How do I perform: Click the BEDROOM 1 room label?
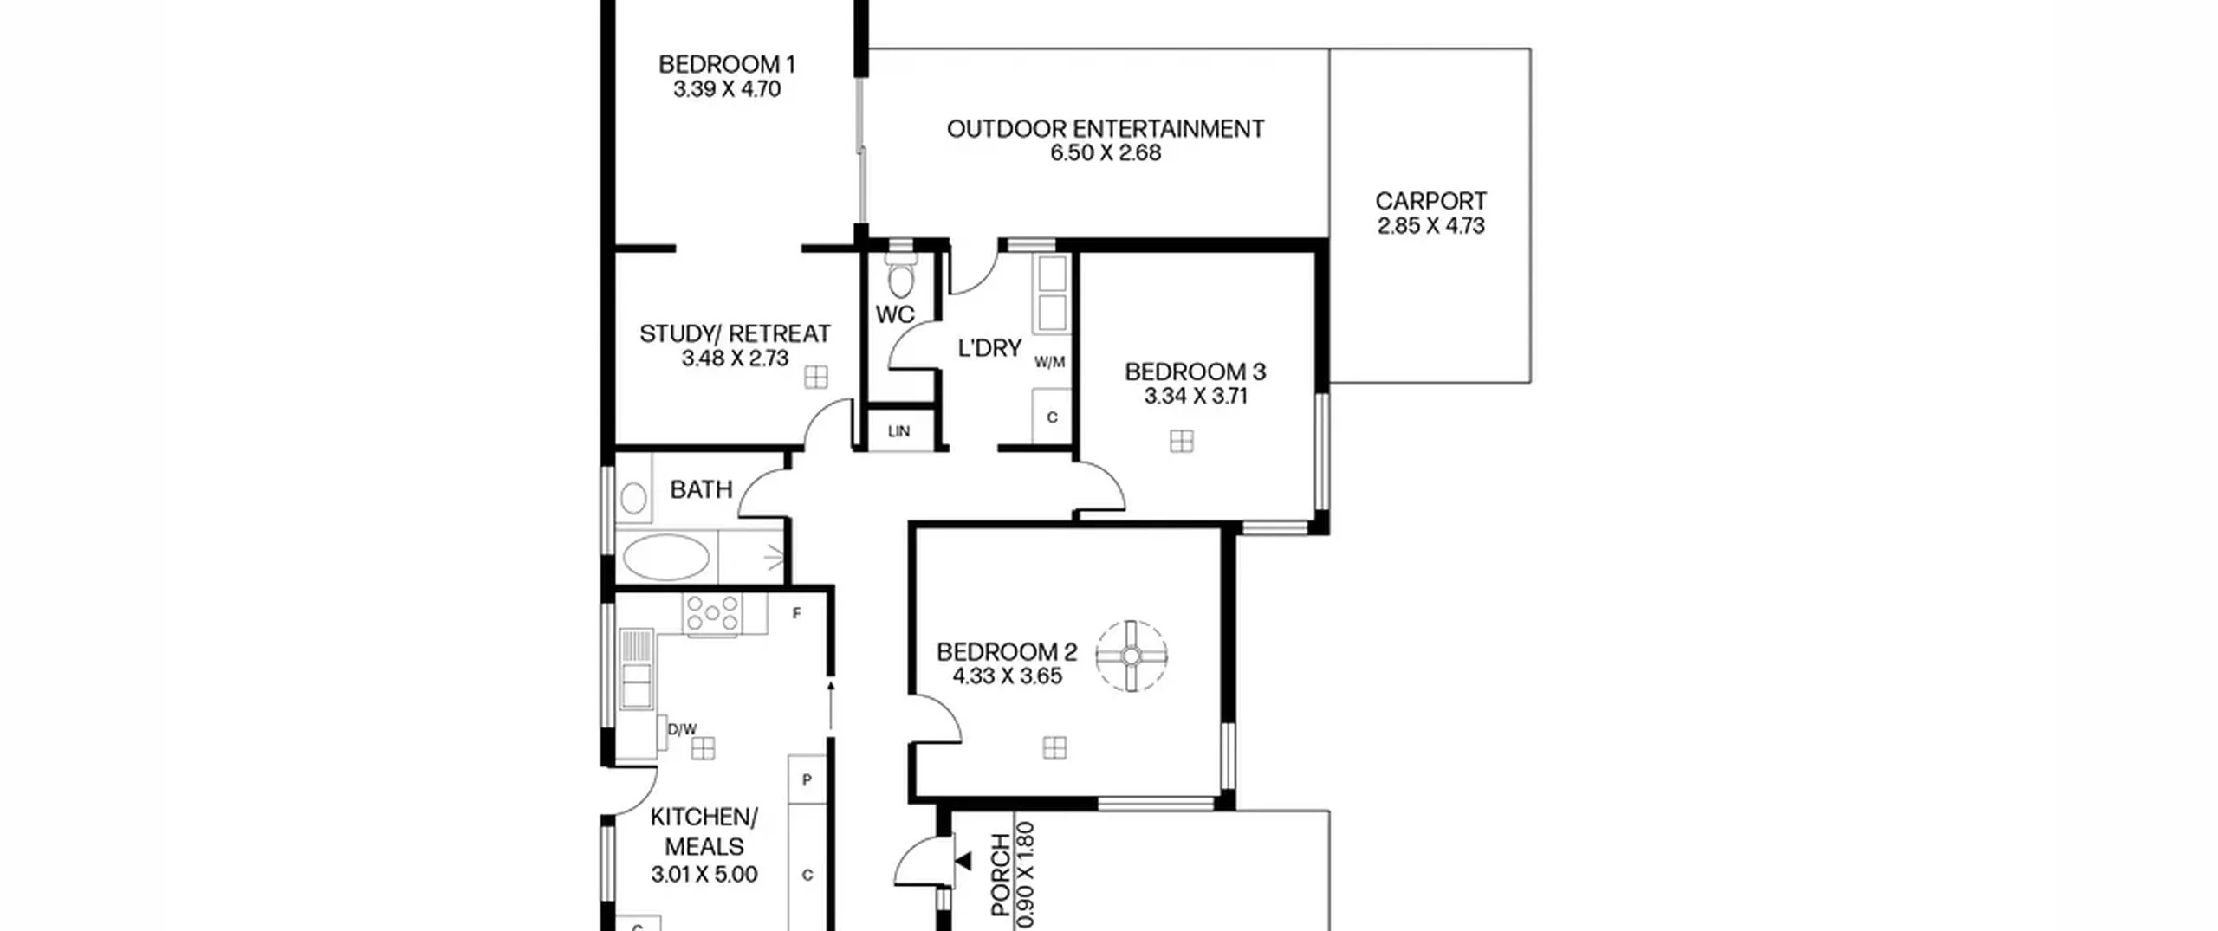tap(727, 64)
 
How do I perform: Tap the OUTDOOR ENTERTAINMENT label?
tap(1106, 129)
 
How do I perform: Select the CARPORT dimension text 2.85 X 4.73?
tap(1431, 226)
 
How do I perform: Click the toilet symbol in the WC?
tap(901, 275)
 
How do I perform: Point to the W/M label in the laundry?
tap(1049, 362)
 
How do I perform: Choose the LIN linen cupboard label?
tap(899, 431)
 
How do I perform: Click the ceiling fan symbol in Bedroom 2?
tap(1132, 656)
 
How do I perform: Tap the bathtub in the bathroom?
tap(665, 556)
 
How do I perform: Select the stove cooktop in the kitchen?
tap(711, 613)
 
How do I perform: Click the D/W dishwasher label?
tap(682, 729)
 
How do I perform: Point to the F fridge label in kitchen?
tap(797, 614)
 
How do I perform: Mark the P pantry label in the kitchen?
tap(807, 780)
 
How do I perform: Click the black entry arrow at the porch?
tap(962, 861)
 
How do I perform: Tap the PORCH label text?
tap(1001, 875)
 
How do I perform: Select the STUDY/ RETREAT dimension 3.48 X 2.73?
tap(736, 359)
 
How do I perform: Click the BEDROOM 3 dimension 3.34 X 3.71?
tap(1196, 397)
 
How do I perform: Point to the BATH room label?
tap(702, 490)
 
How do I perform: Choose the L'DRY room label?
tap(989, 348)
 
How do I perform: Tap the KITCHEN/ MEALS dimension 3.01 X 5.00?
tap(704, 875)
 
